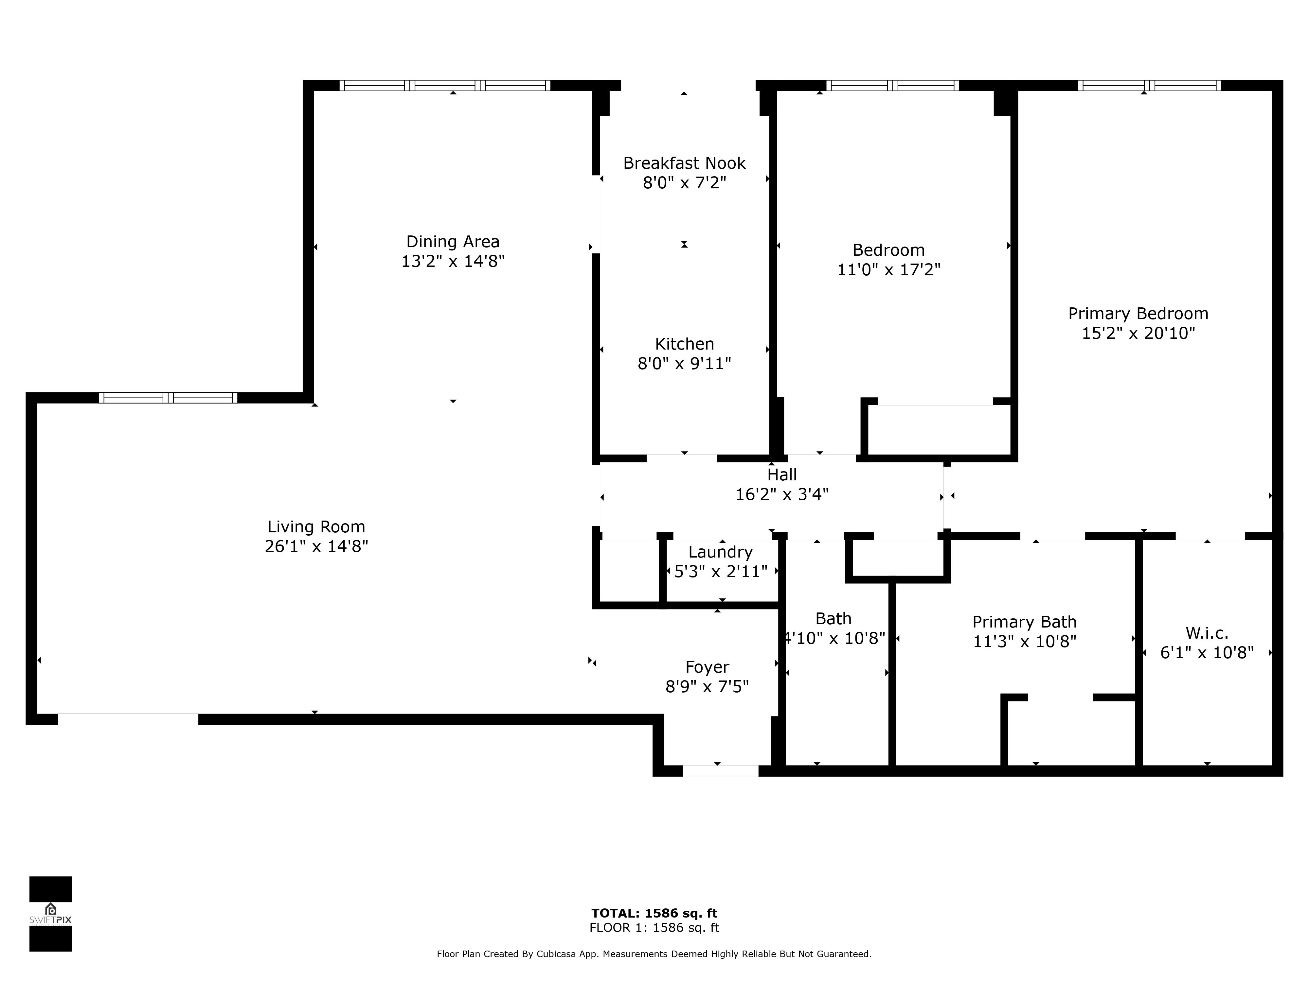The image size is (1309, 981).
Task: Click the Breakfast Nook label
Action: pos(684,163)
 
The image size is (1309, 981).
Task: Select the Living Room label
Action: pos(316,527)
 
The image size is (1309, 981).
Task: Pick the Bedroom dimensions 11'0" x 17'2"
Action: pos(888,270)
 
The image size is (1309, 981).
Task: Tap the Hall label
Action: pos(782,475)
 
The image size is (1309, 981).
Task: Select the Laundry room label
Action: pos(720,552)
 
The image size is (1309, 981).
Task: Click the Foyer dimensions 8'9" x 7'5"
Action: pos(707,686)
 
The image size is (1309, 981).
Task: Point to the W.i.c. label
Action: pos(1207,633)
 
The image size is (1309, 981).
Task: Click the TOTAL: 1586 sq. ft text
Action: pos(654,914)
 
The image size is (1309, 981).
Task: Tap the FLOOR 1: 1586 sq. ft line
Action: pos(654,928)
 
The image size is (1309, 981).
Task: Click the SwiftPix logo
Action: pos(50,914)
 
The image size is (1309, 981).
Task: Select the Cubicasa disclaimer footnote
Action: pos(654,954)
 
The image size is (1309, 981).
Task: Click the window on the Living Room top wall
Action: pos(168,398)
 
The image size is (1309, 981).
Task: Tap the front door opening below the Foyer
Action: pos(720,771)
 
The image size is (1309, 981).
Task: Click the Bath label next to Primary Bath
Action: pos(833,619)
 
